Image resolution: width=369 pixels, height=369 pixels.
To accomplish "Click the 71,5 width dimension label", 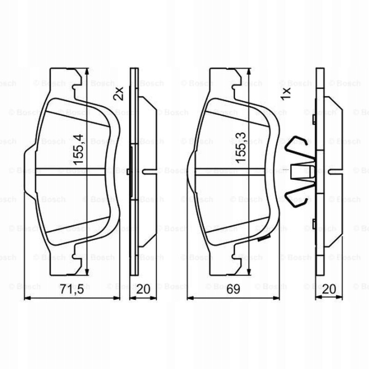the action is coord(72,289).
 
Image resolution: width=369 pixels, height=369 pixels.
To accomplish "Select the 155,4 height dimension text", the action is coord(78,150).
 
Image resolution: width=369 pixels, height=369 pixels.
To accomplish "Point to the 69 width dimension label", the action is coord(233,289).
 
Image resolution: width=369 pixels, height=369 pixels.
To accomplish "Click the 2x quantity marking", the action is coord(118,93).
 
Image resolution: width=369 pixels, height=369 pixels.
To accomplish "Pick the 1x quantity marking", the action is coord(286,93).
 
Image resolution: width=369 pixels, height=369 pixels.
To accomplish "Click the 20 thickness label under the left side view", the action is coord(143,289).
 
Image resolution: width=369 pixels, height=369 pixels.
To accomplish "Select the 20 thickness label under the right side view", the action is coord(329,289).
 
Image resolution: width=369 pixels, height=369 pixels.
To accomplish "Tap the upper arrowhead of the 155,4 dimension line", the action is coord(87,72).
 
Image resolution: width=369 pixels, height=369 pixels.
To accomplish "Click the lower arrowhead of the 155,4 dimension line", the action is coord(87,272).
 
